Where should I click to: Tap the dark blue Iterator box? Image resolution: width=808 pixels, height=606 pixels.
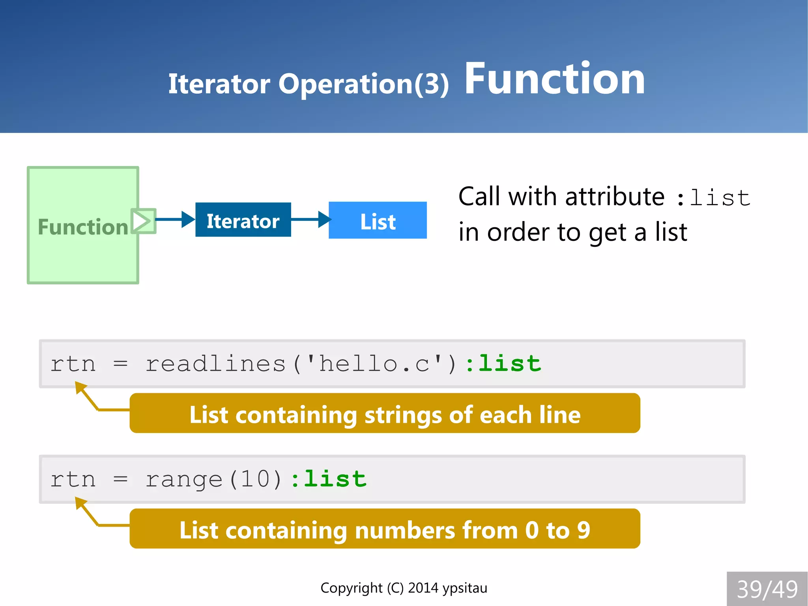[x=243, y=220]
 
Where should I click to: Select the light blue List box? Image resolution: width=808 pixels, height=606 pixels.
[x=378, y=220]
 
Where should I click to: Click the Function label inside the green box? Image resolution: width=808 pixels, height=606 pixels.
[x=83, y=227]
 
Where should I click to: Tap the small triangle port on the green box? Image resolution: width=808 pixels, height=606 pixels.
[x=142, y=221]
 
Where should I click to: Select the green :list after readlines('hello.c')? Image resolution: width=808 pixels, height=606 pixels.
[x=503, y=363]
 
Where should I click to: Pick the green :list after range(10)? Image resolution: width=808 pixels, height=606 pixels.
[x=328, y=479]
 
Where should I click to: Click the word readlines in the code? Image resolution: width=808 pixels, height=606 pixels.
[x=215, y=363]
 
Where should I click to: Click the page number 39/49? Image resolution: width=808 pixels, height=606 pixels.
[x=767, y=589]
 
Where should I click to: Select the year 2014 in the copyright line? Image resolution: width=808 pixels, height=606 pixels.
[x=423, y=588]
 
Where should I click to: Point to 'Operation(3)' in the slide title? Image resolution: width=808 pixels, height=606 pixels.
[x=363, y=84]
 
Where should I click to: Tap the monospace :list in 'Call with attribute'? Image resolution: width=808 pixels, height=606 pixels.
[x=713, y=197]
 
